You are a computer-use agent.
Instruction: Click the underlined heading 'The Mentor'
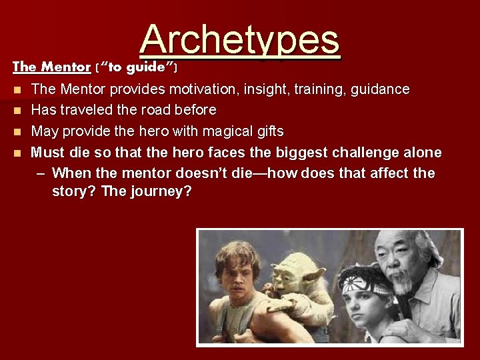click(51, 67)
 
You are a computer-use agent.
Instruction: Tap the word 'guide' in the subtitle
click(150, 67)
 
